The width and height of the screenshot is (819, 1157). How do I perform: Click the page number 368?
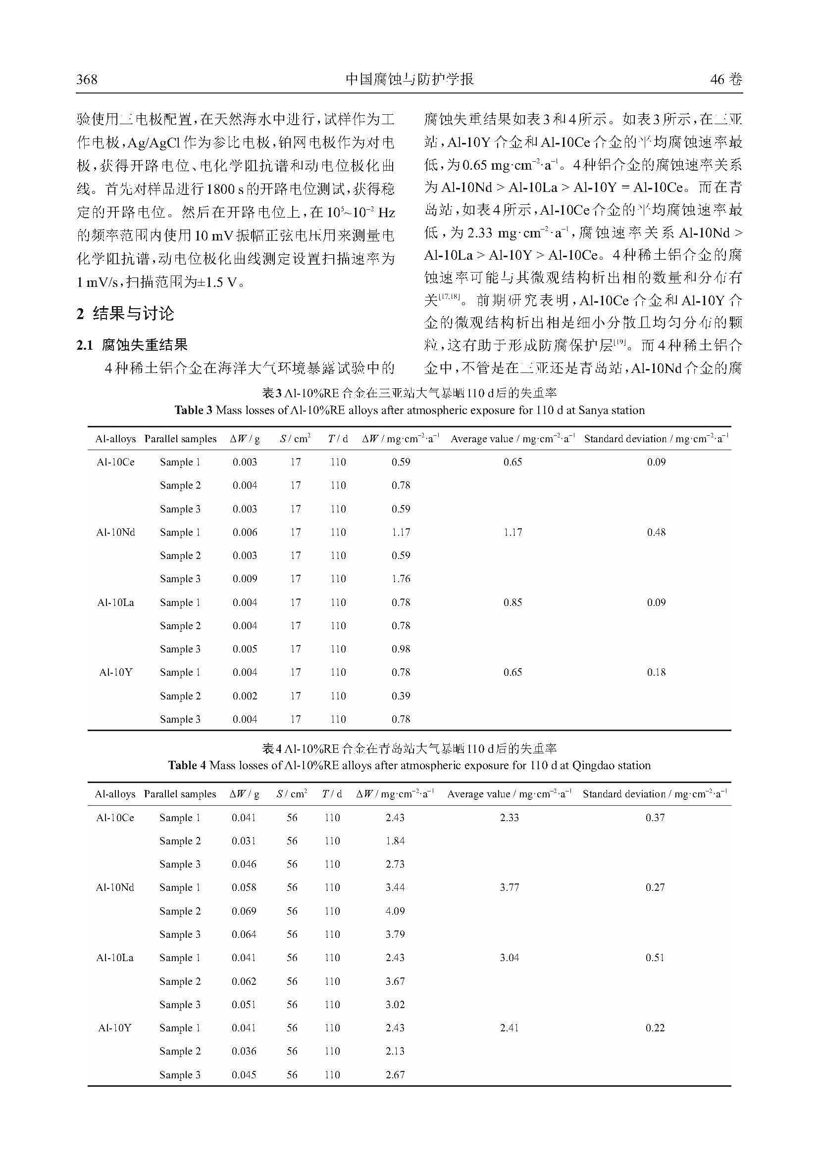[x=87, y=79]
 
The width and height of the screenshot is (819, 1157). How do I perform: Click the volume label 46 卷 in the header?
[x=726, y=79]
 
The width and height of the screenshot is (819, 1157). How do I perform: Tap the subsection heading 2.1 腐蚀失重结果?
[x=132, y=345]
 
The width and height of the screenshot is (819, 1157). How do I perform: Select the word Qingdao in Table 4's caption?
[x=594, y=765]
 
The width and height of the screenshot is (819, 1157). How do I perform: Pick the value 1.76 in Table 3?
[x=401, y=579]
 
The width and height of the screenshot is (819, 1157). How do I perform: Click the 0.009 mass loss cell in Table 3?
[x=245, y=579]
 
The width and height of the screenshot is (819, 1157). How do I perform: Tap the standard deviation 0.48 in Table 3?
[x=656, y=532]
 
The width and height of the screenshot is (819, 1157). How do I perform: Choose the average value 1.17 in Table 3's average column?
[x=512, y=532]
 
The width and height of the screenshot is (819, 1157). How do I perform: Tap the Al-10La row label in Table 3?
[x=115, y=602]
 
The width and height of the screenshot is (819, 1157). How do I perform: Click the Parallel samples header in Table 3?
[x=180, y=439]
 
